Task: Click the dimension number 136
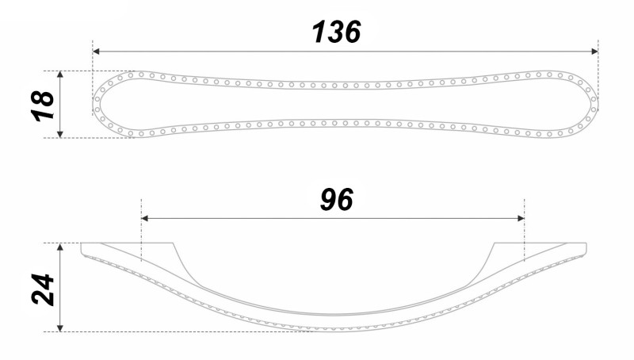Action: tap(336, 32)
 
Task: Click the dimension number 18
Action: tap(43, 105)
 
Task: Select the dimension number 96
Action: tap(336, 199)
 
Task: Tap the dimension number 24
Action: tap(43, 289)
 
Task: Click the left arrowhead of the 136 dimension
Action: tap(96, 52)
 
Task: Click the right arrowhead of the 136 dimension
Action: tap(594, 52)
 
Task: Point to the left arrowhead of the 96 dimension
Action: tap(145, 218)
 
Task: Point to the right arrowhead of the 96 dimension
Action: tap(521, 218)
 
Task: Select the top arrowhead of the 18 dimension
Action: tap(60, 75)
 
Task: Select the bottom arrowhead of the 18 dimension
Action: tap(60, 134)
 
